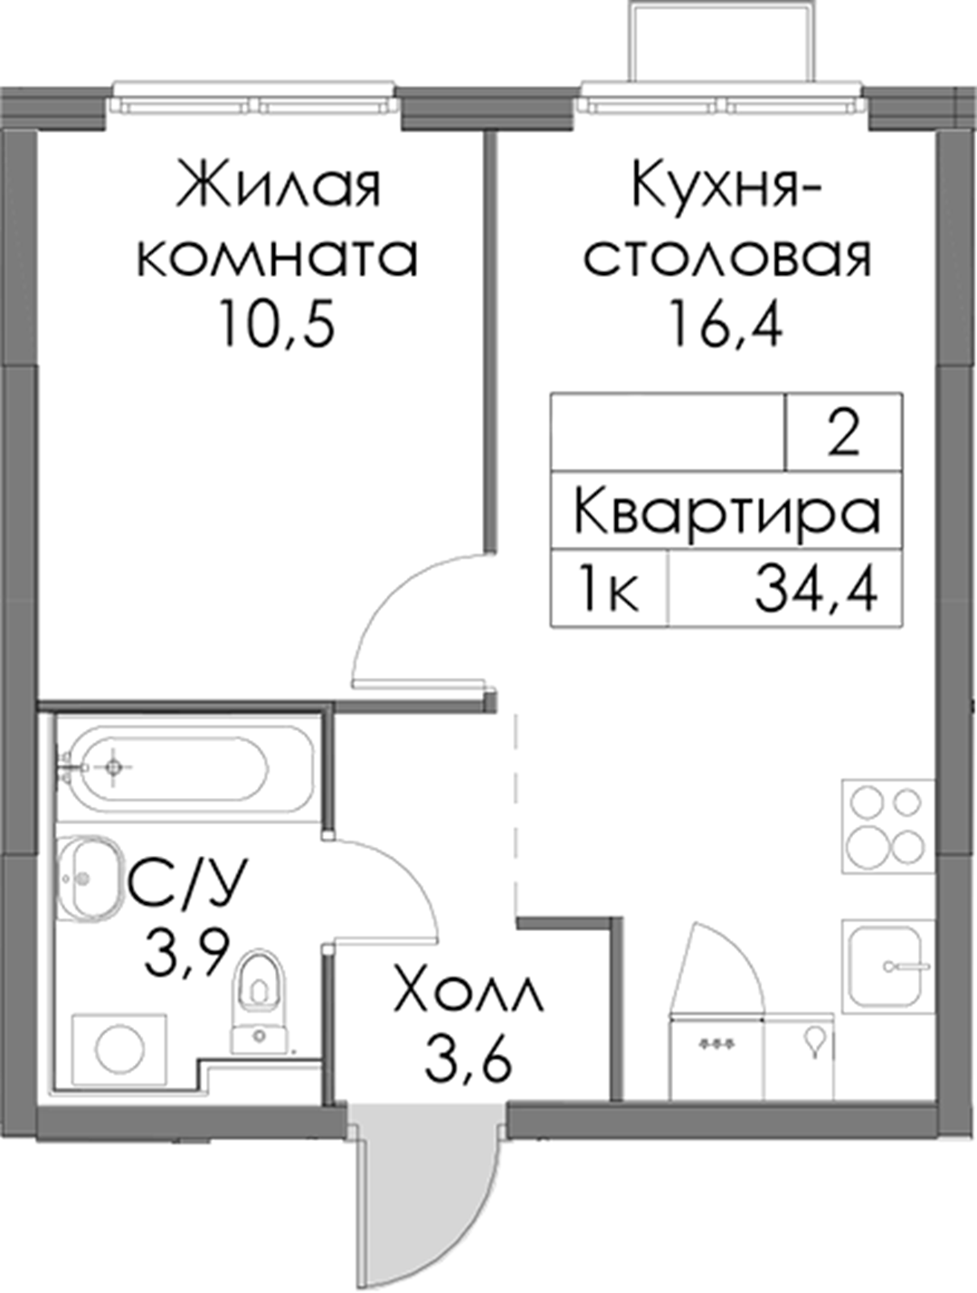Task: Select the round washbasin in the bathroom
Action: [89, 879]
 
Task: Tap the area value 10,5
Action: [276, 324]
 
